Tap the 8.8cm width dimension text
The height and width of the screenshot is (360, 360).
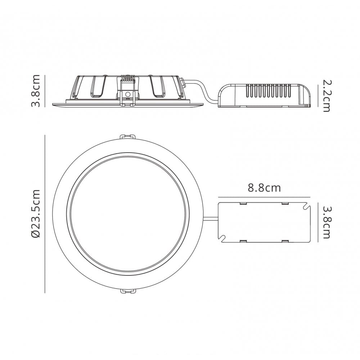click(264, 188)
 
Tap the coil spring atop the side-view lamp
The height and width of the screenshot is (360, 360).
click(128, 78)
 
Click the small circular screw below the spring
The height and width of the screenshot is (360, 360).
click(128, 94)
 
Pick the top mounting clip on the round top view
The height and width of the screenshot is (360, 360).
click(128, 136)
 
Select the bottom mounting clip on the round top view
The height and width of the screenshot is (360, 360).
click(128, 291)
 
